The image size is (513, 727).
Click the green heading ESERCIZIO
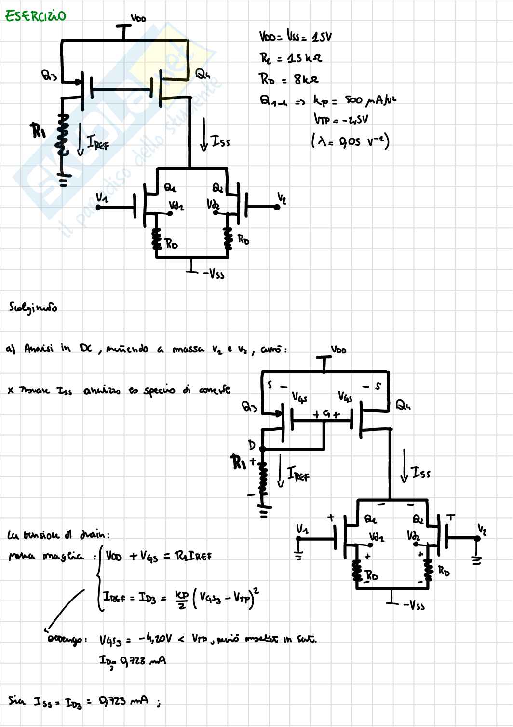[35, 16]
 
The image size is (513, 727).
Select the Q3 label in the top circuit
[49, 75]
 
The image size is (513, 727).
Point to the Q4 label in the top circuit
[202, 74]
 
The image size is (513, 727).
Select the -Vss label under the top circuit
[214, 274]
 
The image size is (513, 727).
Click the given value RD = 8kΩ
[288, 79]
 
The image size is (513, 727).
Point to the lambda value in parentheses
[351, 141]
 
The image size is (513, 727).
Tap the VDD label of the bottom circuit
[338, 350]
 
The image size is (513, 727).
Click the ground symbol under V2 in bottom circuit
[477, 560]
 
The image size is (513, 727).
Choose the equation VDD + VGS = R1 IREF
[158, 556]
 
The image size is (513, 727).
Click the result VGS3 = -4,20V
[135, 640]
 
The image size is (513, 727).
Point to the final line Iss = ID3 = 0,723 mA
[84, 701]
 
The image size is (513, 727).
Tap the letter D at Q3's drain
[251, 444]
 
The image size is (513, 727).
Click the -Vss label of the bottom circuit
[414, 604]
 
